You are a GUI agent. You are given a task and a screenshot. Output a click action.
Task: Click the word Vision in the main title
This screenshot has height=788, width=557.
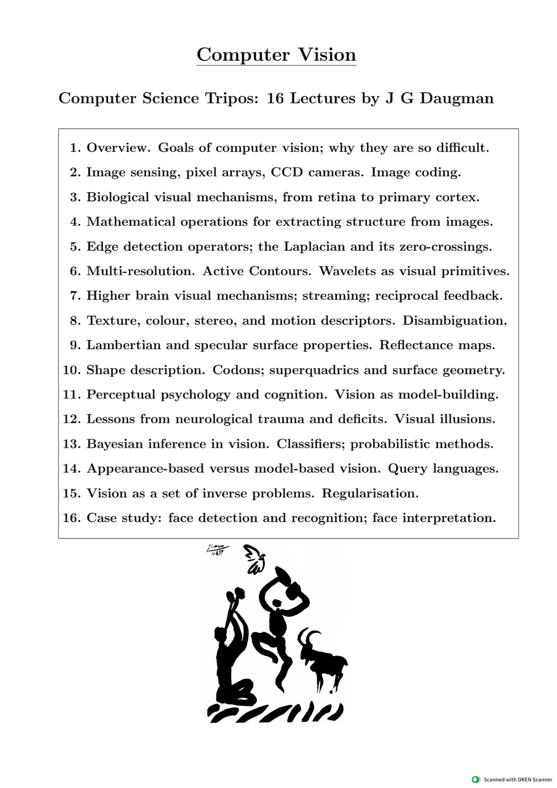pyautogui.click(x=327, y=55)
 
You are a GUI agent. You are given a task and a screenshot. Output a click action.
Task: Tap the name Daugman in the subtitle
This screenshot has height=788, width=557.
pyautogui.click(x=457, y=98)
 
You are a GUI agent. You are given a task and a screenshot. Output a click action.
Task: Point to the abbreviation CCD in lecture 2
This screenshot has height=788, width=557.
pyautogui.click(x=287, y=173)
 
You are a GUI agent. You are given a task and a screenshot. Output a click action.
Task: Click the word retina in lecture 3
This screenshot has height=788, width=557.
pyautogui.click(x=336, y=197)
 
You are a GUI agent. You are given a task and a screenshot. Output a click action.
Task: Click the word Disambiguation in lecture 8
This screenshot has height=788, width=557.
pyautogui.click(x=454, y=321)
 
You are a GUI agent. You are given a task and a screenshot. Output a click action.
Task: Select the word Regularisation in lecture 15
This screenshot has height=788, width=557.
pyautogui.click(x=370, y=493)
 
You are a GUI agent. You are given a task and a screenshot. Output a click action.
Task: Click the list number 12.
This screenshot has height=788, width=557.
pyautogui.click(x=71, y=420)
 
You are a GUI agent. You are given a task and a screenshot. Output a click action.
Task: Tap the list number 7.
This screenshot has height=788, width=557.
pyautogui.click(x=75, y=296)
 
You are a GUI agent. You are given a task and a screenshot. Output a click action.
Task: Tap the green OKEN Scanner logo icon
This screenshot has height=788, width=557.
pyautogui.click(x=475, y=779)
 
